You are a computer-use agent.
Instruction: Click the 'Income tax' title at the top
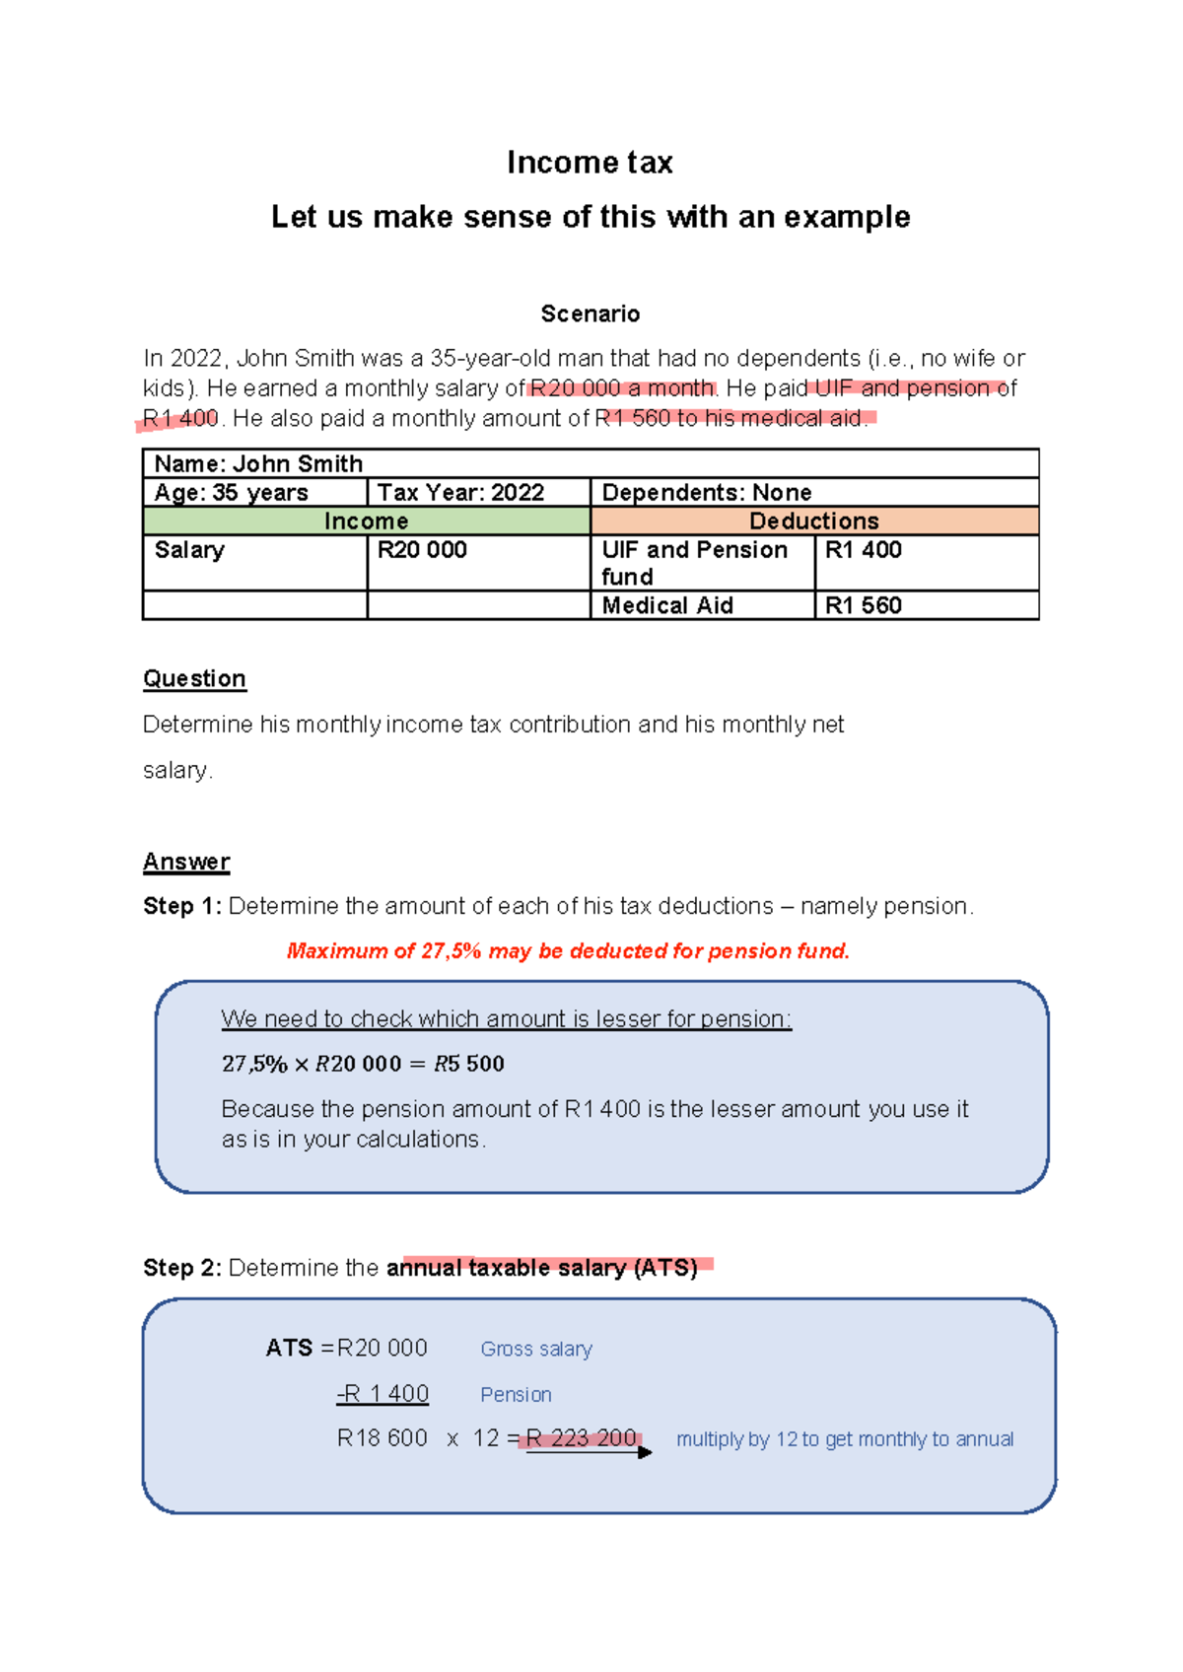pos(590,163)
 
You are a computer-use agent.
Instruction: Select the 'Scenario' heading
pos(590,314)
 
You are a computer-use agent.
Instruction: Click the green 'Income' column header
pos(366,521)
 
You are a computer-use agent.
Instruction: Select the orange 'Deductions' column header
pos(814,521)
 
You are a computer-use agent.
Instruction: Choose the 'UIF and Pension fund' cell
pos(694,563)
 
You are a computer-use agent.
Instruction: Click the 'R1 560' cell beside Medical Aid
pos(864,605)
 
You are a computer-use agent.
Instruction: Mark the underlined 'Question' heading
pos(194,679)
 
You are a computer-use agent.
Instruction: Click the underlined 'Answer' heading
pos(186,862)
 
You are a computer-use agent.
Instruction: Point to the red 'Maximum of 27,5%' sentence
pos(568,951)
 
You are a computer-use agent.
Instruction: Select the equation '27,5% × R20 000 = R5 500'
pos(363,1064)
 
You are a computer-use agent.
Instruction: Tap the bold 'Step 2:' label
pos(182,1268)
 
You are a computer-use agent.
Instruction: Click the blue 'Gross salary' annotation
pos(536,1349)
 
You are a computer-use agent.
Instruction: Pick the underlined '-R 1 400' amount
pos(383,1394)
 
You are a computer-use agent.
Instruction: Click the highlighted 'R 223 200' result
pos(582,1438)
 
